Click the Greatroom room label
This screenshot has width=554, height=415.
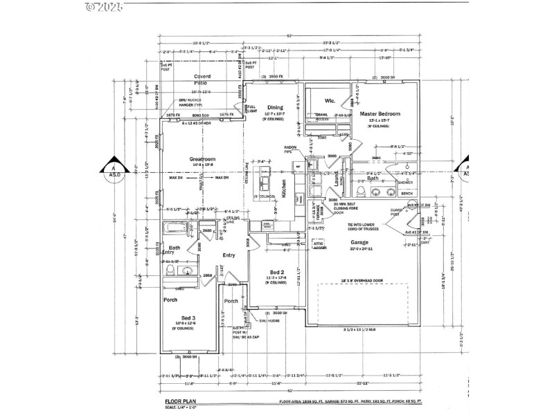coord(201,158)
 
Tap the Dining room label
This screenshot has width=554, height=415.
coord(276,107)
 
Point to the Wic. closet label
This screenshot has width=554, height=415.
coord(330,100)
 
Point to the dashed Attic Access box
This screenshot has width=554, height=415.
coord(319,245)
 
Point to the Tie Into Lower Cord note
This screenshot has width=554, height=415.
coord(364,226)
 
